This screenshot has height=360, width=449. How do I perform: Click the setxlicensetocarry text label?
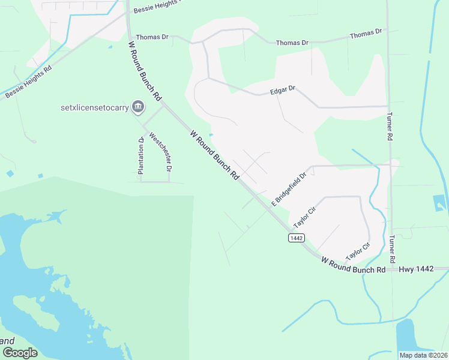[95, 108]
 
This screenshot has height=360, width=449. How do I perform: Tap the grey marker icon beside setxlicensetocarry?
[138, 107]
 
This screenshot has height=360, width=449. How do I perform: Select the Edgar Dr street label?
[283, 89]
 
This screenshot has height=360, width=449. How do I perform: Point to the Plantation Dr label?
[140, 156]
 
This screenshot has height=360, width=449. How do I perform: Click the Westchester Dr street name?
[160, 153]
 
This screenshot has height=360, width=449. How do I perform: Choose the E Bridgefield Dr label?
[289, 189]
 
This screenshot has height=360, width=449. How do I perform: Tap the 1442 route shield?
[295, 238]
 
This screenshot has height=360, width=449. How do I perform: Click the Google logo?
[19, 352]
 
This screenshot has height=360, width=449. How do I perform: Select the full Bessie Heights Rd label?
[29, 82]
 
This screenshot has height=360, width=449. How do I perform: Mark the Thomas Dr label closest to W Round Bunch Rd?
[152, 37]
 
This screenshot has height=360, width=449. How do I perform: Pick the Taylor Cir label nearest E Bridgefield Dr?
[304, 218]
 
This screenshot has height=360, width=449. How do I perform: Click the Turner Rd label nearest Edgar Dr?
[390, 127]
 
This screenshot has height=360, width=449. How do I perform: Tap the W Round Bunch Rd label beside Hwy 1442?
[353, 266]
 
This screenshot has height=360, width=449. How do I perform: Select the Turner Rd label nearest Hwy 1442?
[392, 248]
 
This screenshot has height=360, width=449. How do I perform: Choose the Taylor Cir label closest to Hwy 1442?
[358, 253]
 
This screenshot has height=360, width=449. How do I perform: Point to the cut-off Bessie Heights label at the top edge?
[157, 6]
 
